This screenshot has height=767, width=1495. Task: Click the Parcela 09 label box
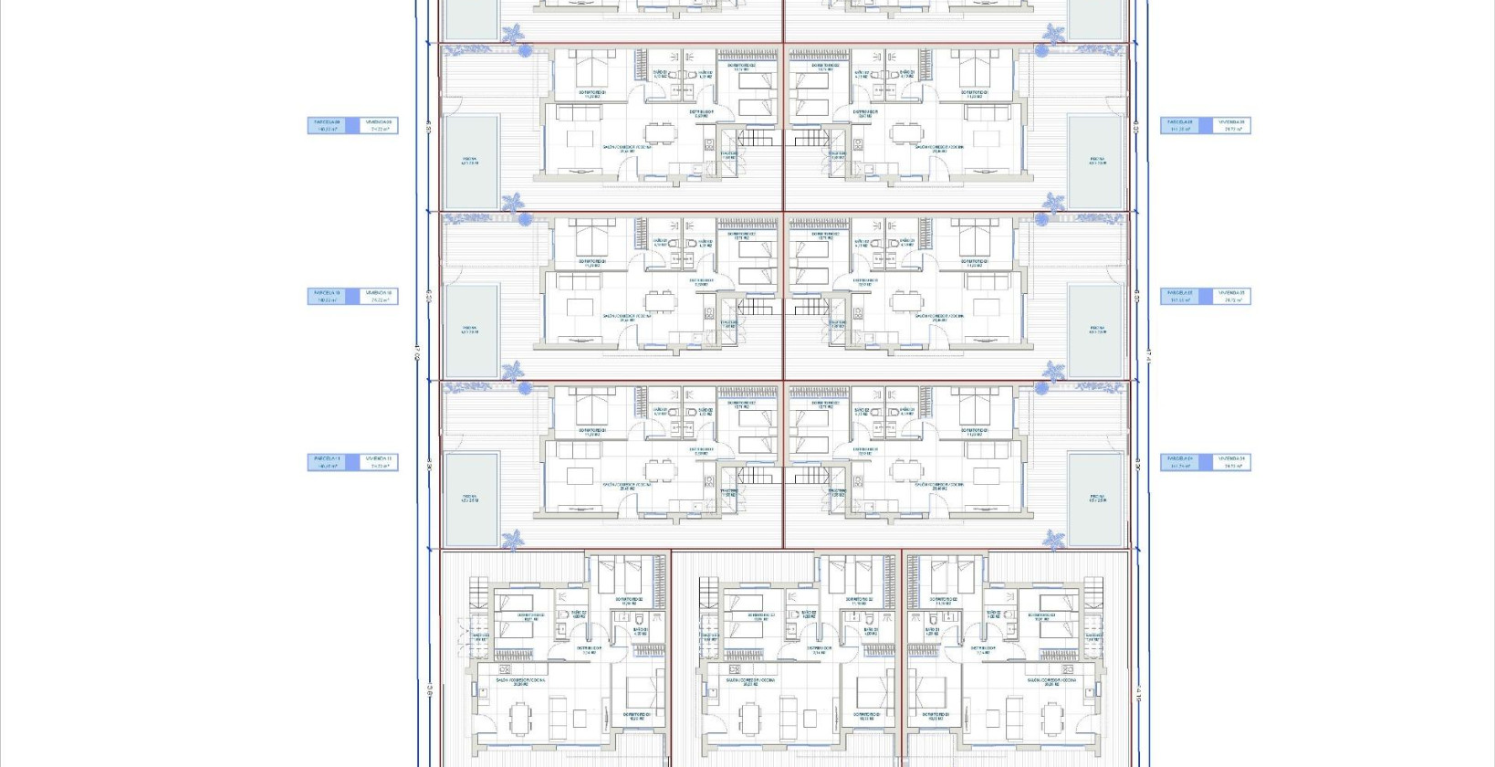pos(327,125)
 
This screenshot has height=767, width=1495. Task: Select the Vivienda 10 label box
pos(379,296)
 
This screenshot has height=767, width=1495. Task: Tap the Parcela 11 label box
pos(327,463)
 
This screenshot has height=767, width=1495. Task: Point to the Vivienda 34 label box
pos(1231,463)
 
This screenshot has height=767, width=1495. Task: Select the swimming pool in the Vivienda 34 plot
pos(1096,498)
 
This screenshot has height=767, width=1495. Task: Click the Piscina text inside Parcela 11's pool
pos(470,499)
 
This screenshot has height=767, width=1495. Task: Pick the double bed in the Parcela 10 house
pos(591,239)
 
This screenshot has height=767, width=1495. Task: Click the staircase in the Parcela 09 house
pos(756,138)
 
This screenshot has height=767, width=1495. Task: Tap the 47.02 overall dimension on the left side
pos(417,352)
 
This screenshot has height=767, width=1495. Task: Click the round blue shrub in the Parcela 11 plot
pos(525,388)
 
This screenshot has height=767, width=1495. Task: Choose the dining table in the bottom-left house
pos(518,719)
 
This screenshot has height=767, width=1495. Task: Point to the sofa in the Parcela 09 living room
pos(580,112)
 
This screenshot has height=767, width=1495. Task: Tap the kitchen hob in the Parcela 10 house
pos(709,312)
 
